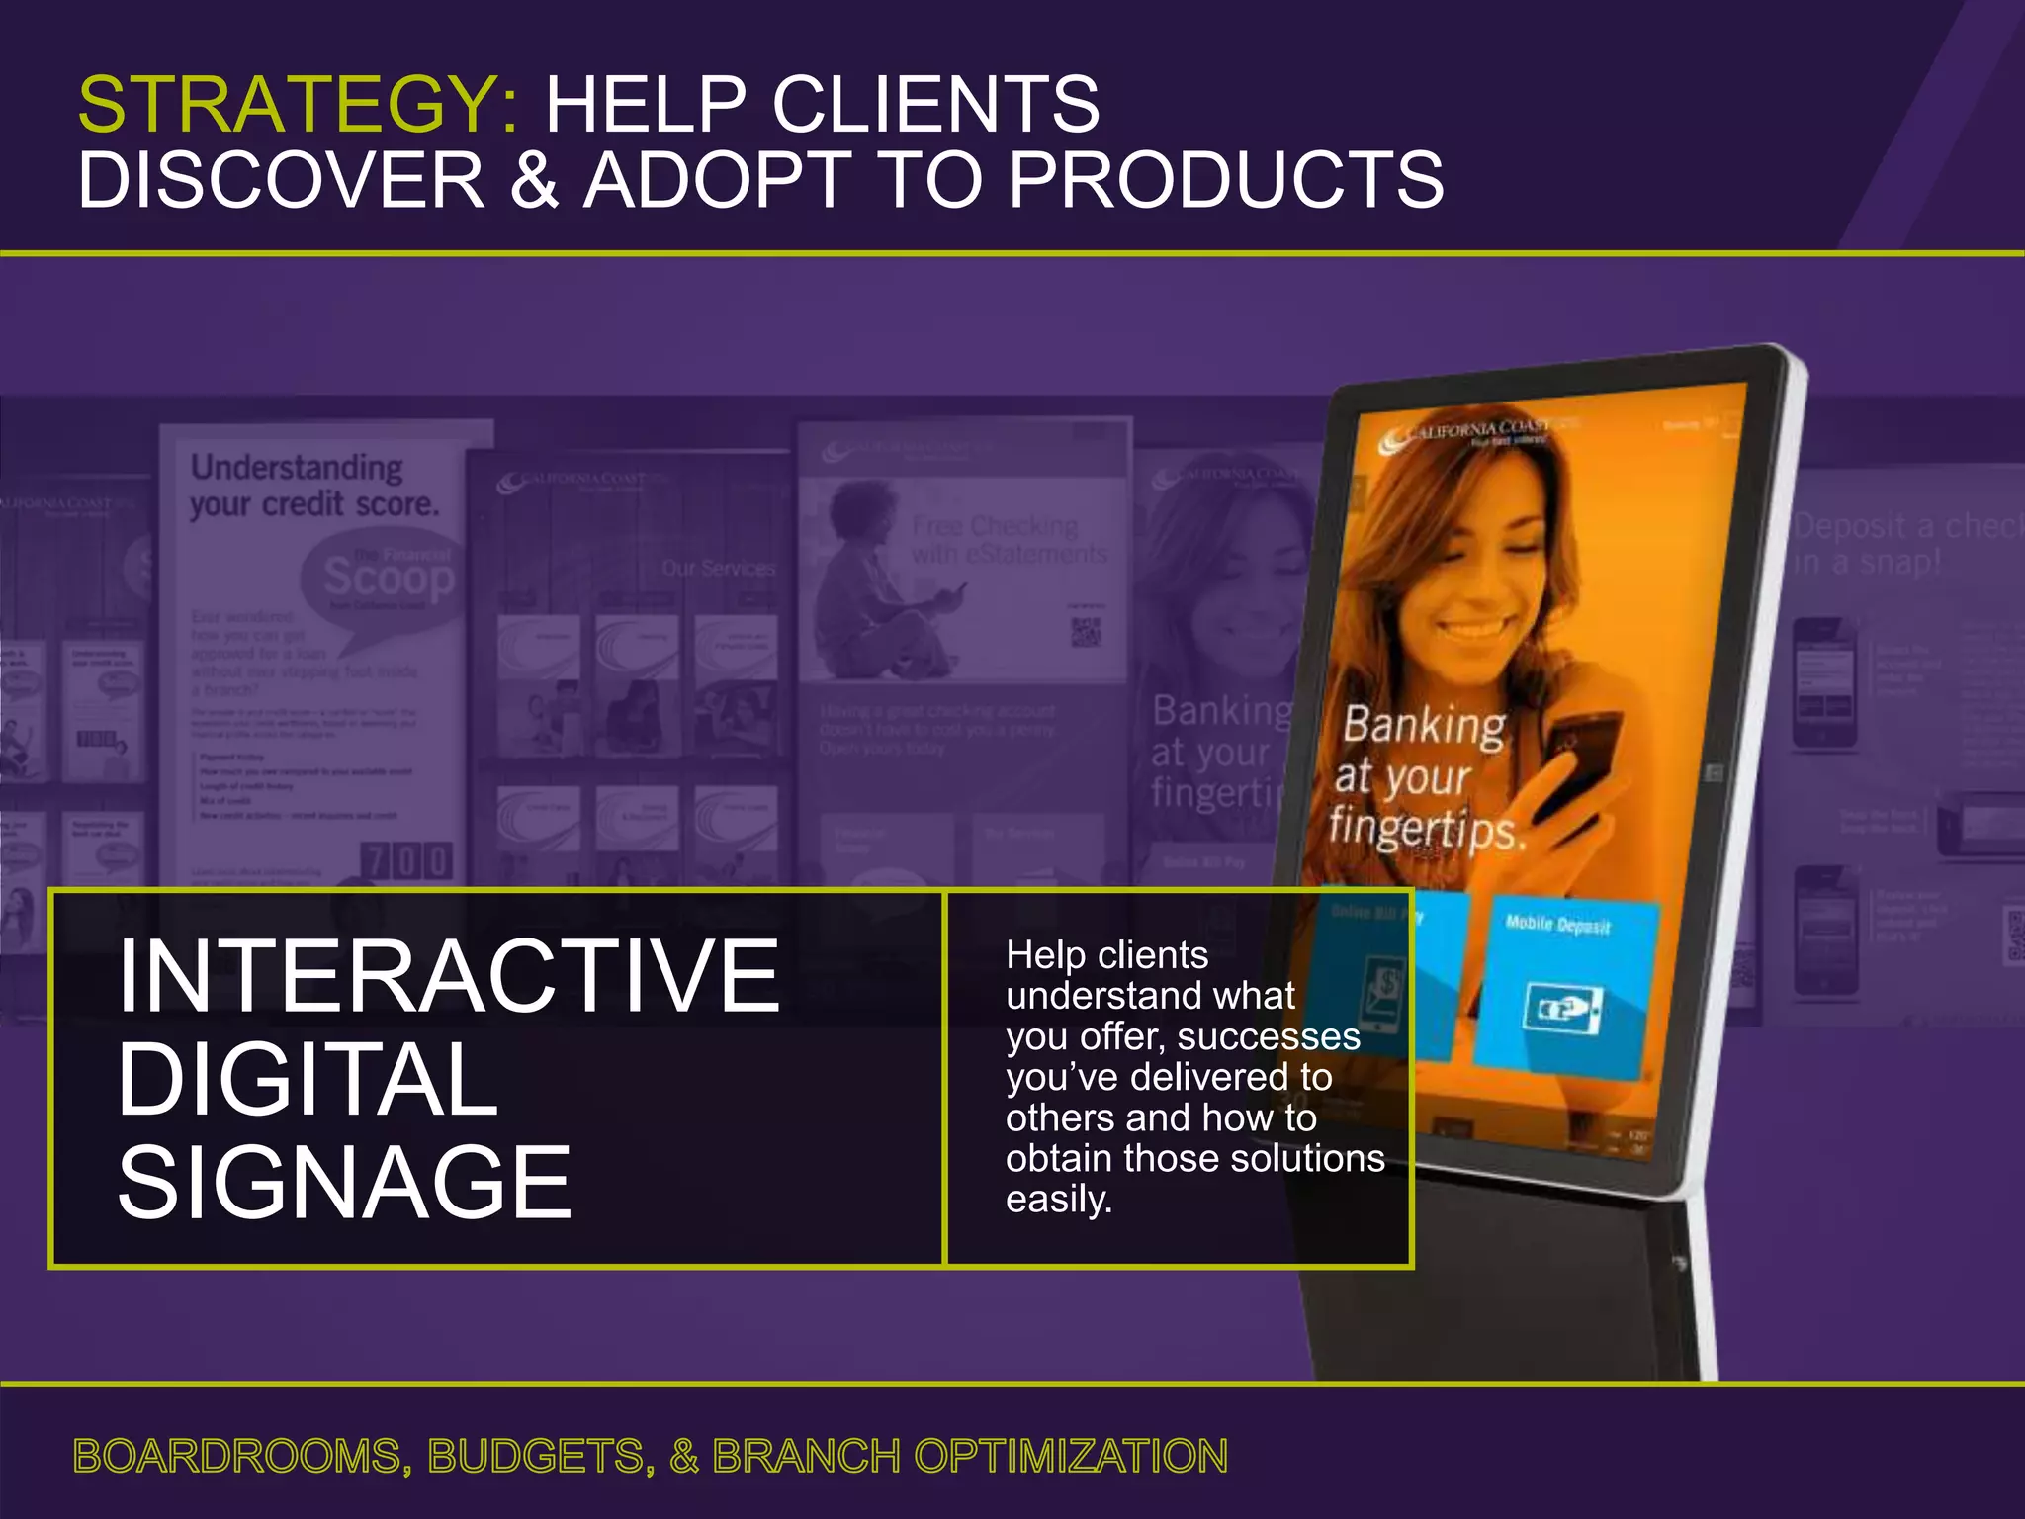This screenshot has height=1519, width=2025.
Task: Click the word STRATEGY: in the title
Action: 297,105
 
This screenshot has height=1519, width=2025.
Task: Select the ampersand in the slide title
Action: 534,180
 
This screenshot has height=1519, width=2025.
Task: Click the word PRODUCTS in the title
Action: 1226,180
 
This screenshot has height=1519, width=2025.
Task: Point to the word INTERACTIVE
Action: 449,976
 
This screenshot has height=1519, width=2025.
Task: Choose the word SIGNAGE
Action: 344,1182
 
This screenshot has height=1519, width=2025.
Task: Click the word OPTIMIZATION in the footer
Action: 1070,1456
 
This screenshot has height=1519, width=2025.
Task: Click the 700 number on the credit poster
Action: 407,860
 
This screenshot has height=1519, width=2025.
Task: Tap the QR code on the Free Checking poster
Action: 1087,631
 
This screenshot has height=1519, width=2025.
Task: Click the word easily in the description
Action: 1058,1200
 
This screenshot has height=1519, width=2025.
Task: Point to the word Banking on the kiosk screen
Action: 1424,725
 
